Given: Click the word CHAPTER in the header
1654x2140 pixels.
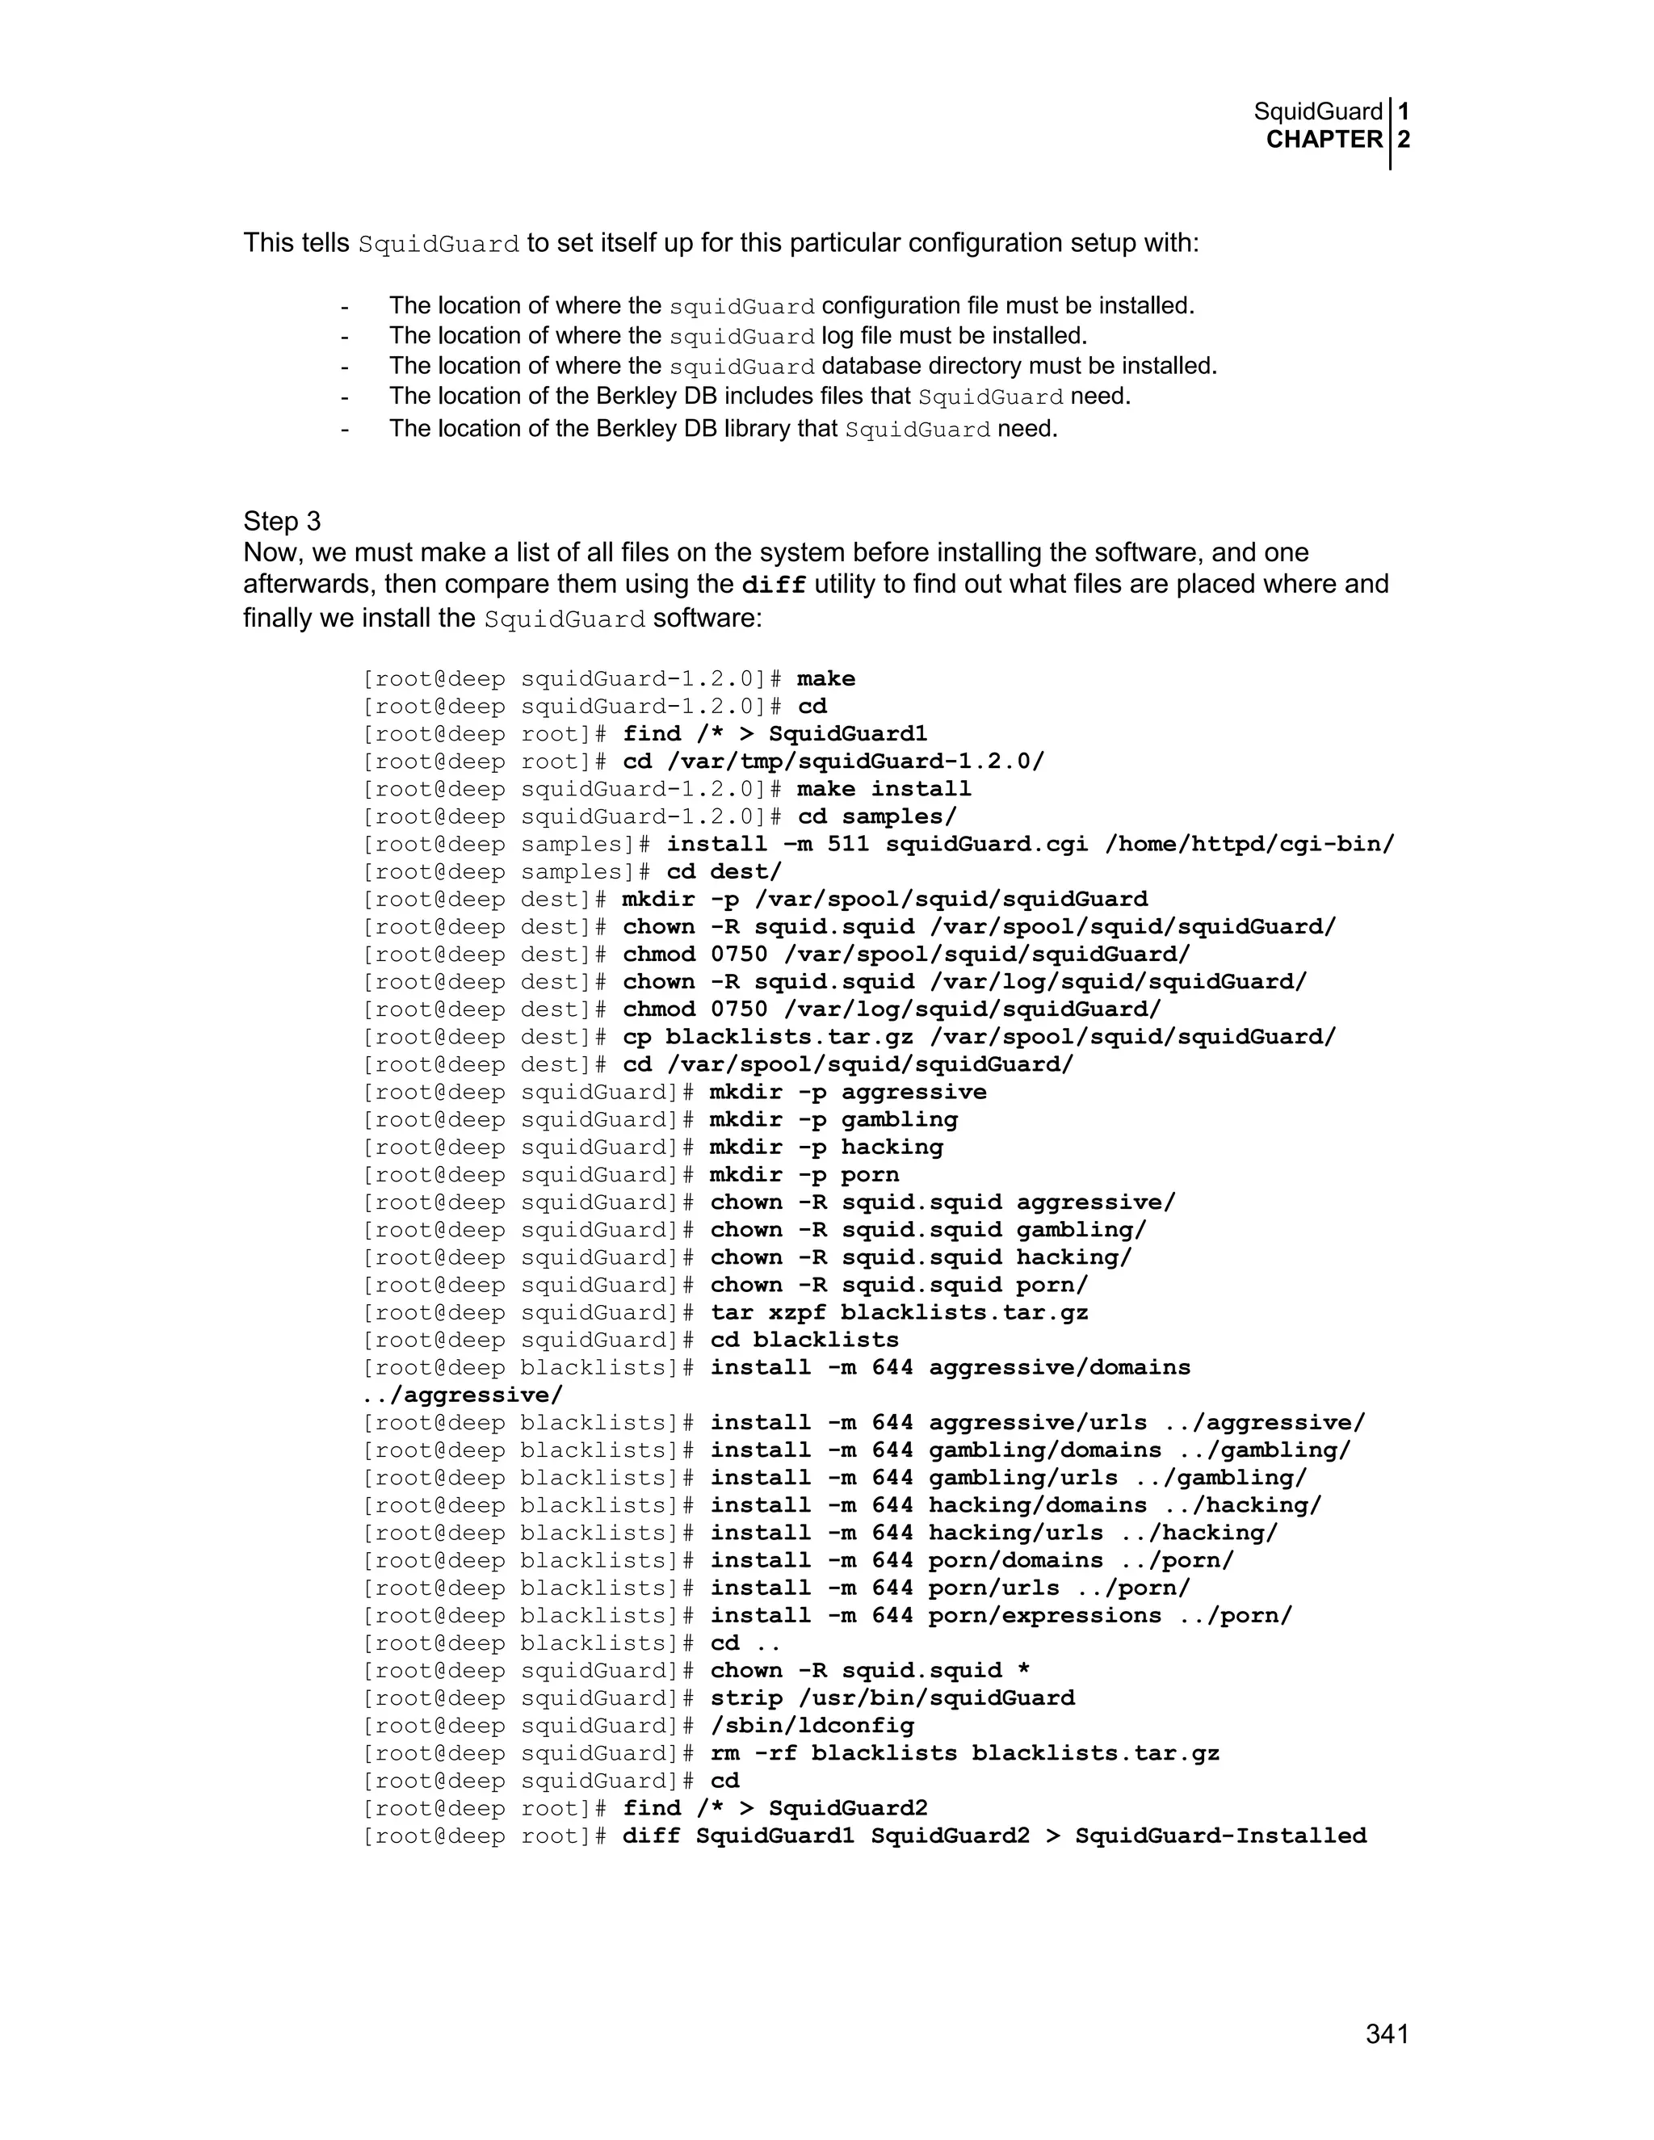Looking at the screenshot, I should pos(1324,141).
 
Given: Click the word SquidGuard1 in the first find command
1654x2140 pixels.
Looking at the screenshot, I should pos(847,734).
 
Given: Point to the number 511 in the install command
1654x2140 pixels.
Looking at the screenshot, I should pos(847,844).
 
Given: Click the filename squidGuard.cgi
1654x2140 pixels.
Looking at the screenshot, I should pos(987,844).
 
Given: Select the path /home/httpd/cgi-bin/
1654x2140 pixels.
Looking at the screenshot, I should pos(1249,844).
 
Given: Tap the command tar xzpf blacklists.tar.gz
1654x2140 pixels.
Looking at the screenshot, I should pos(899,1312).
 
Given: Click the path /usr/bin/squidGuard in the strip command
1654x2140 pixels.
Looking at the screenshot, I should pos(942,1698).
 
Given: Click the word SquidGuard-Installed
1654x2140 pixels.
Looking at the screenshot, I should pos(1220,1836).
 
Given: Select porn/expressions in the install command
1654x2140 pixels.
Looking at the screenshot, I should pos(1044,1616).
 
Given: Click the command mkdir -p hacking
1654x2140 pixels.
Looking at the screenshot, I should pos(826,1148).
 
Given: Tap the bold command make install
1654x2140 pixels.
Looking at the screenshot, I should pos(884,789).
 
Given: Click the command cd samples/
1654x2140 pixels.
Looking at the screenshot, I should pos(877,816).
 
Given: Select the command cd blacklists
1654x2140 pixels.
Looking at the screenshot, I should pos(804,1340).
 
